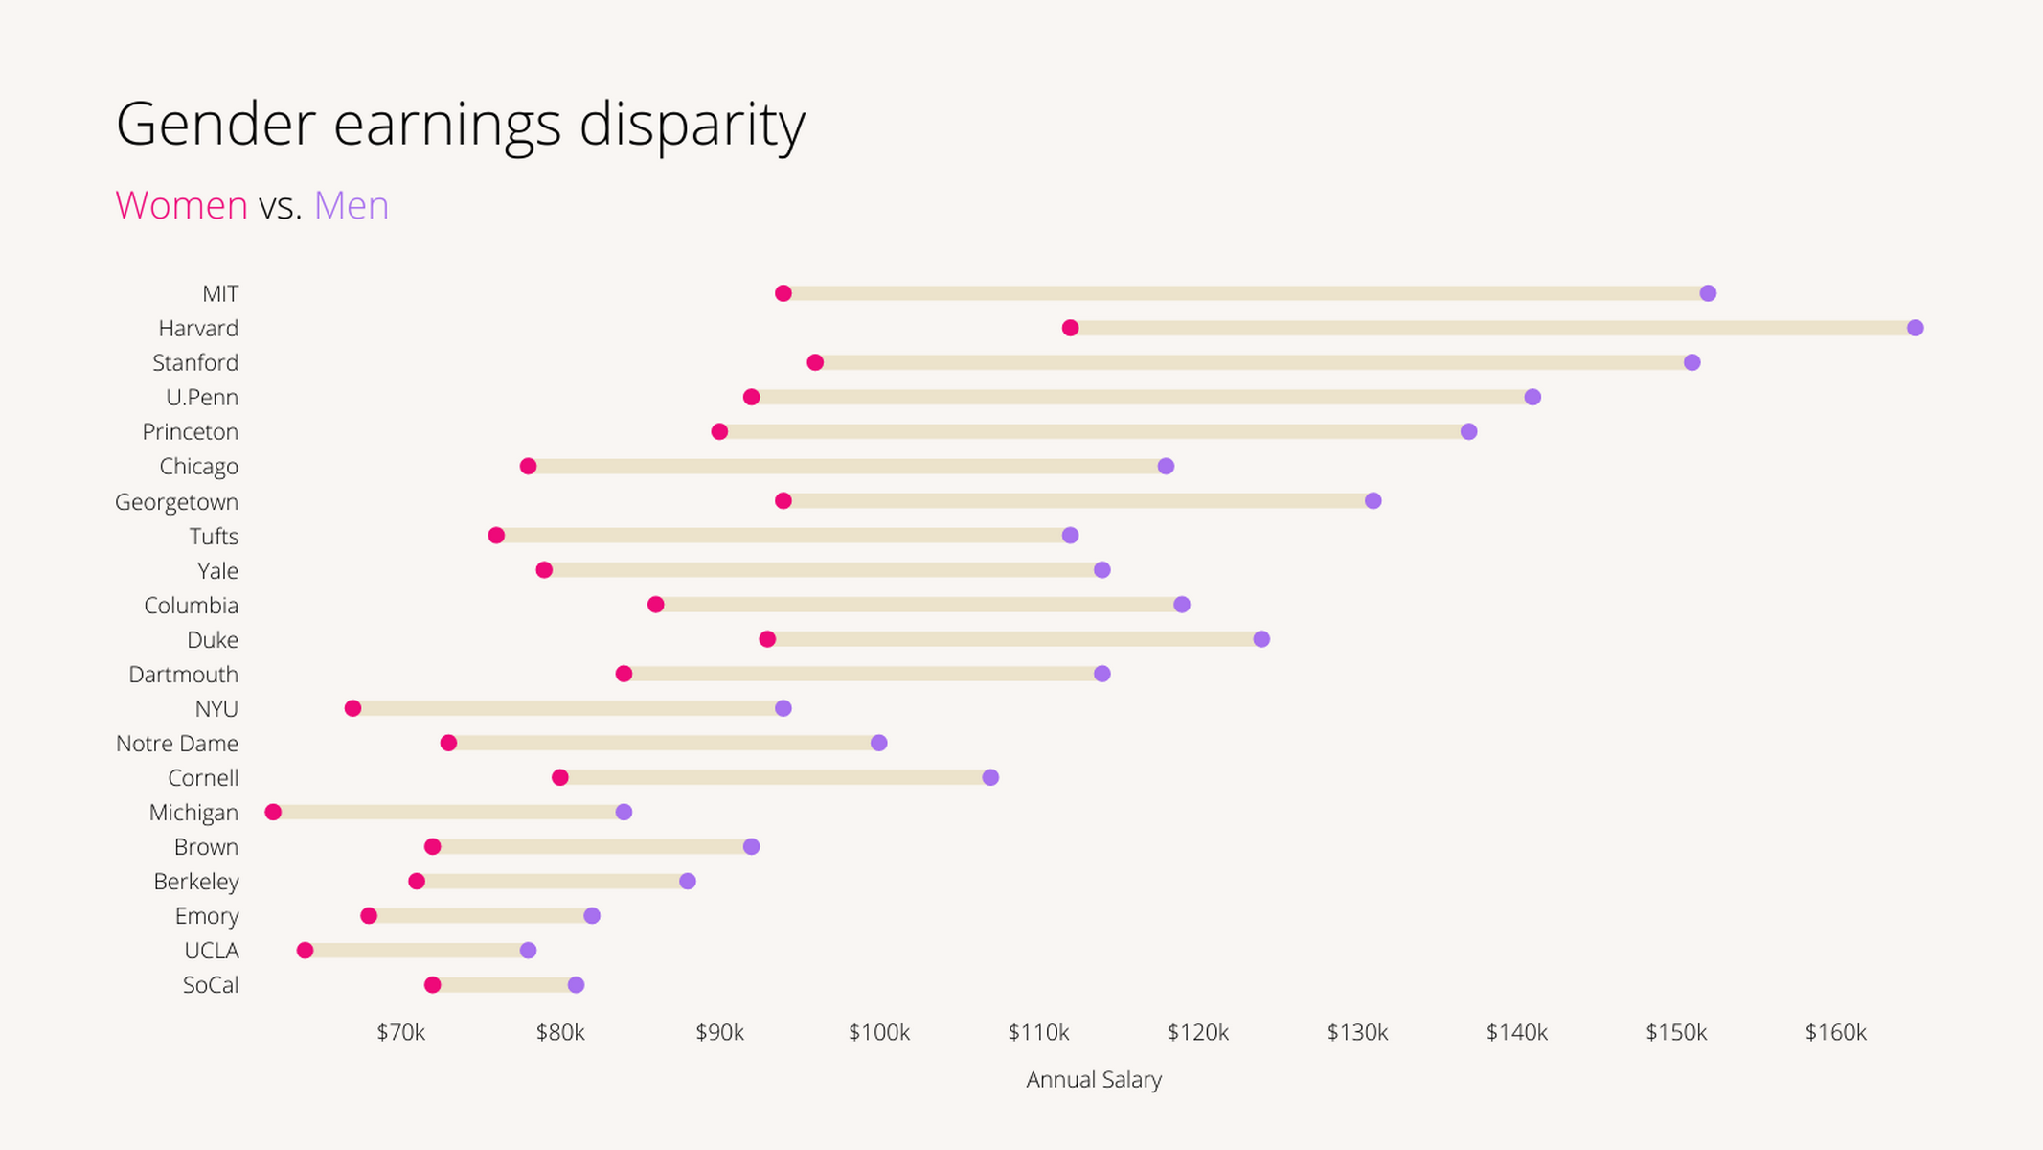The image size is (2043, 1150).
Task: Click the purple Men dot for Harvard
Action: [x=1915, y=328]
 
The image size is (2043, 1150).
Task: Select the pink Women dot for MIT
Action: [x=783, y=293]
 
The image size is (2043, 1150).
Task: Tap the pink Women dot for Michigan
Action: [x=273, y=813]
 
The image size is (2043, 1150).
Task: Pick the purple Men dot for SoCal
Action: [x=576, y=985]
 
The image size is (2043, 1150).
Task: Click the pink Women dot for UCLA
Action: [x=305, y=951]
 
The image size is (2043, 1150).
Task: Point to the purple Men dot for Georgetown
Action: [x=1373, y=501]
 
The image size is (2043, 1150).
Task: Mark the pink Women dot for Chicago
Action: [x=528, y=467]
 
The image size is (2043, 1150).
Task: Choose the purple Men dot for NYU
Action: [x=783, y=708]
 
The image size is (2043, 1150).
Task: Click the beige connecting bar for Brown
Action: [x=592, y=847]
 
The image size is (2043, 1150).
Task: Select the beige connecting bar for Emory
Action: [x=480, y=916]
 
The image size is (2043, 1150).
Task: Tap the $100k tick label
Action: [x=878, y=1033]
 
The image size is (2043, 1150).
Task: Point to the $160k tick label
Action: [x=1835, y=1033]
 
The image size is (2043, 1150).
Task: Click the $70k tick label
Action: [x=400, y=1033]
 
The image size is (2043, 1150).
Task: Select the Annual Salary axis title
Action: [x=1093, y=1080]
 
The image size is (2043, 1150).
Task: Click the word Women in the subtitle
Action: [x=181, y=205]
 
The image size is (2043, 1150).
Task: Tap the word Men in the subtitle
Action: [x=352, y=205]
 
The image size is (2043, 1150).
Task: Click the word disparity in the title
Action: [x=692, y=125]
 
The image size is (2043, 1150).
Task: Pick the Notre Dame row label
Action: [x=177, y=744]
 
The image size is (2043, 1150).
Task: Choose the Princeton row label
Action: [x=190, y=432]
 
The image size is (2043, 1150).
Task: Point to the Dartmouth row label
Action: [x=183, y=675]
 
